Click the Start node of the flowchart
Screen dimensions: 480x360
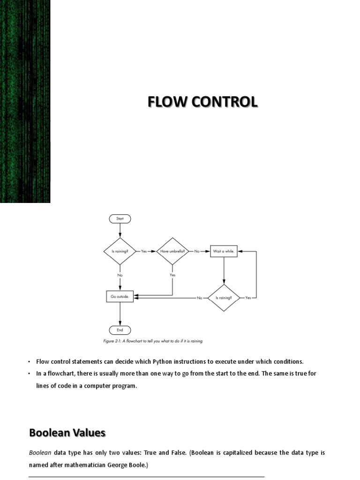click(x=120, y=218)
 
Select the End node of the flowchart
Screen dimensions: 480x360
click(x=120, y=330)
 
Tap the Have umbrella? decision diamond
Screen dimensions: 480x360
click(x=172, y=251)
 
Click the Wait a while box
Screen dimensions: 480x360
click(x=224, y=251)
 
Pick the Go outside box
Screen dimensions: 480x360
click(x=120, y=297)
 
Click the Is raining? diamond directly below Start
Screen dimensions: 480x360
click(x=120, y=251)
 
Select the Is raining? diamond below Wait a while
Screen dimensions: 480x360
click(x=224, y=298)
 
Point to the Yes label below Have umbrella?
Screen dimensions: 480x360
click(x=172, y=275)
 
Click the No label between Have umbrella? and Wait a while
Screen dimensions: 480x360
click(x=197, y=251)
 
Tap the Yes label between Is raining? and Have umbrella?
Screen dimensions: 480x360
click(x=144, y=251)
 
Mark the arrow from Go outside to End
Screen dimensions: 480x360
click(x=120, y=314)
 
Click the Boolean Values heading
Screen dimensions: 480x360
click(x=67, y=433)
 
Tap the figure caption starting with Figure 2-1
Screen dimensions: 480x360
click(x=153, y=341)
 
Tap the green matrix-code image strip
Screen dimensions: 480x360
click(x=25, y=101)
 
